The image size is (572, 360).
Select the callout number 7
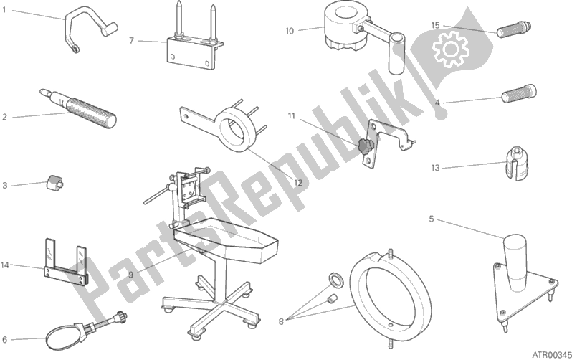coord(131,41)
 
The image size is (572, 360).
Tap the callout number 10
coord(289,30)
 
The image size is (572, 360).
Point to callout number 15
coord(435,25)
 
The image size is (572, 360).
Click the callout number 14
coord(5,265)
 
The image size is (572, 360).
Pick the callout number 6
coord(4,339)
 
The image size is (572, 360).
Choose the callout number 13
coord(435,169)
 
